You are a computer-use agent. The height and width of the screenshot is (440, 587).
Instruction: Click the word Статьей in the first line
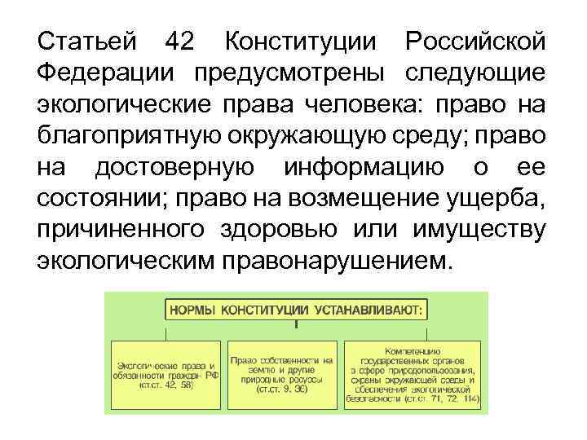tap(86, 41)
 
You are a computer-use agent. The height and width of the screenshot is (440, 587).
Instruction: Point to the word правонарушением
tap(333, 262)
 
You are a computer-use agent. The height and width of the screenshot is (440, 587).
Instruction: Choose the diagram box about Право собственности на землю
tap(282, 374)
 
